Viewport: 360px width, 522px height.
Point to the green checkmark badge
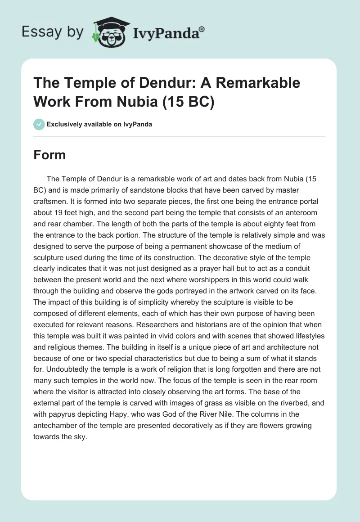(39, 124)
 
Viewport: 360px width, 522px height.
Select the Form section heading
(49, 155)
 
